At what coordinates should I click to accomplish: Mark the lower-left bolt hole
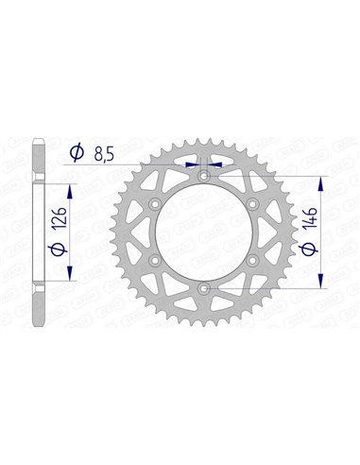[x=154, y=260]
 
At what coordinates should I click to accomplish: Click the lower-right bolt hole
[x=252, y=260]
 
